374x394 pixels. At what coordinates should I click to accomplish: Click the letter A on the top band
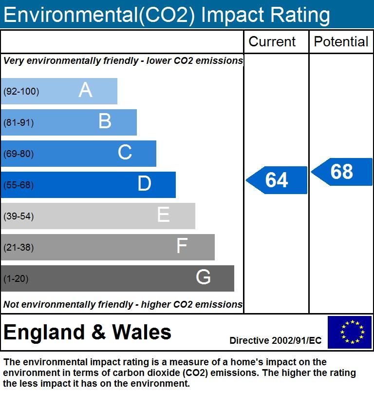click(x=85, y=90)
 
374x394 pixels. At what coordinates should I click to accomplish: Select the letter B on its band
click(x=105, y=121)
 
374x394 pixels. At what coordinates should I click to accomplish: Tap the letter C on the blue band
click(x=125, y=153)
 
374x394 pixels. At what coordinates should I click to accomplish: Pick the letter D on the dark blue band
click(x=144, y=184)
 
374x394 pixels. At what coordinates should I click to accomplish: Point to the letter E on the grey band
click(x=163, y=215)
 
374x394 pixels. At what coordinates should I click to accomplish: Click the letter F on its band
click(x=182, y=246)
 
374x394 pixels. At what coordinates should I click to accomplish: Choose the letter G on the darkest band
click(x=203, y=277)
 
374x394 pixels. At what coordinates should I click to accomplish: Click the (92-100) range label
click(x=21, y=91)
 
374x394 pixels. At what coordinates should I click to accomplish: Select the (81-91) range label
click(x=19, y=122)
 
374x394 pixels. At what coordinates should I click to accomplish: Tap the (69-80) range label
click(x=19, y=154)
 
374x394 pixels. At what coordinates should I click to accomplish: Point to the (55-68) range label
click(x=19, y=185)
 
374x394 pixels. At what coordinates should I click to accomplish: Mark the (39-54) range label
click(x=19, y=216)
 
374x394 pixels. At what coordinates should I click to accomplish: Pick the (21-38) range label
click(x=19, y=247)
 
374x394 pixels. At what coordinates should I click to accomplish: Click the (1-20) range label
click(x=16, y=278)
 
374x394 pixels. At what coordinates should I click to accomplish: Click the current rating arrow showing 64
click(x=277, y=180)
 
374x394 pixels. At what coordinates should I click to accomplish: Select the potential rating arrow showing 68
click(x=341, y=172)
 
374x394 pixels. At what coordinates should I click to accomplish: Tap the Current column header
click(x=272, y=42)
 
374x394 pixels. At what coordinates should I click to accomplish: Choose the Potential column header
click(x=341, y=42)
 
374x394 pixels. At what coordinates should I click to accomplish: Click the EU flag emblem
click(x=349, y=332)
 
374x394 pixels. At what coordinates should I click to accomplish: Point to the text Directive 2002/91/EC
click(x=276, y=340)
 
